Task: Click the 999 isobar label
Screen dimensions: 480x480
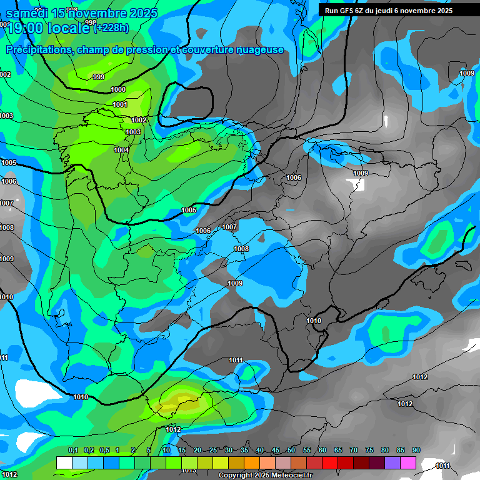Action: [x=99, y=77]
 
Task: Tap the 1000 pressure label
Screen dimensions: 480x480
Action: [x=118, y=90]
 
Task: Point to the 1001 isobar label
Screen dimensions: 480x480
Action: [x=120, y=104]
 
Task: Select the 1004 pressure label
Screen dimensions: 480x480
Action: [x=121, y=150]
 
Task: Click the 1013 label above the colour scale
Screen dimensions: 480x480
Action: [x=189, y=471]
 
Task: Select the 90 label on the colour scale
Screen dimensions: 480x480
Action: [x=416, y=450]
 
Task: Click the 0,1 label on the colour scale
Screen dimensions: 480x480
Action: [x=73, y=450]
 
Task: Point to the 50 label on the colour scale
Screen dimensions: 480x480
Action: [x=291, y=450]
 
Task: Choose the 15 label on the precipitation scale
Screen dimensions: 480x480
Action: [x=182, y=450]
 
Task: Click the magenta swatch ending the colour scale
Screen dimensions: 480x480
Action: [x=408, y=462]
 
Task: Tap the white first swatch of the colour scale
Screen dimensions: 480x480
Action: [x=64, y=462]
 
